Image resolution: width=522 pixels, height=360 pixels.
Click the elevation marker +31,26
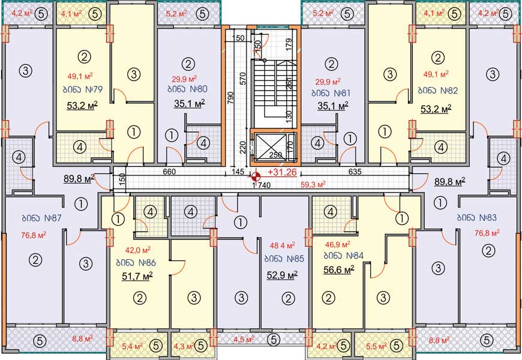(282, 172)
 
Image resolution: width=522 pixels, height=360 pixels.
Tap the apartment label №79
(83, 89)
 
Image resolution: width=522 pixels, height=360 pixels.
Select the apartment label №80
(188, 89)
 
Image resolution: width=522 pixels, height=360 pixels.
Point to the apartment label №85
(284, 259)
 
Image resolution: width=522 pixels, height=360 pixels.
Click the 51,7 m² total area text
(137, 276)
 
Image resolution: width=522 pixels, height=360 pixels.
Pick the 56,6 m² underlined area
(338, 269)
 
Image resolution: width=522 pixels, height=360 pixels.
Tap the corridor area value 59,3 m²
(313, 184)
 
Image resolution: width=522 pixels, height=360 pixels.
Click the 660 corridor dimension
(169, 172)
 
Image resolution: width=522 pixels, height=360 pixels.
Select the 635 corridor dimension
(355, 172)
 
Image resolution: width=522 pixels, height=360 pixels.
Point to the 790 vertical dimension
(231, 98)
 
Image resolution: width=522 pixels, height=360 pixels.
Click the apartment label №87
(41, 218)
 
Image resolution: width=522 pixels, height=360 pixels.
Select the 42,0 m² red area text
(138, 250)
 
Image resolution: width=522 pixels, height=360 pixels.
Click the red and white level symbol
(256, 177)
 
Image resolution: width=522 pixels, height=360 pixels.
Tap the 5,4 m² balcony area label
(132, 346)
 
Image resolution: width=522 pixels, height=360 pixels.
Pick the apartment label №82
(438, 91)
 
